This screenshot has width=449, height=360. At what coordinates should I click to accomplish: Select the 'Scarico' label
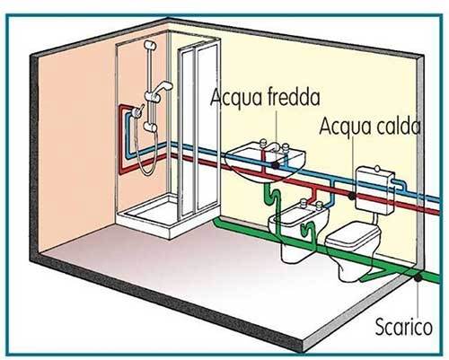coord(404,326)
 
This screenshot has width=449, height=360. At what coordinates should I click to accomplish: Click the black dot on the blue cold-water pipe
coord(276,164)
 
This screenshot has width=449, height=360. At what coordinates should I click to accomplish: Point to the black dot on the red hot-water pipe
coord(352,197)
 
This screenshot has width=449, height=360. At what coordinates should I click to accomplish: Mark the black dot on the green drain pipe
coord(418,277)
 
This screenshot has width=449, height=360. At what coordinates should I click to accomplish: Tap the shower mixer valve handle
coord(137,111)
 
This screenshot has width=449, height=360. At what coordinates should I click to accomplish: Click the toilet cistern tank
coord(374,190)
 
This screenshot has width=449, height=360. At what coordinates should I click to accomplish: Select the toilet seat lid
coord(353,235)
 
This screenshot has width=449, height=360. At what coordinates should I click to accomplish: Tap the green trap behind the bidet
coord(308,232)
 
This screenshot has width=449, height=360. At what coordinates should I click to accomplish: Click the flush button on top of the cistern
coord(378,169)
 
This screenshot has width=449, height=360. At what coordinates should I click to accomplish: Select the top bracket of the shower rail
coord(150,45)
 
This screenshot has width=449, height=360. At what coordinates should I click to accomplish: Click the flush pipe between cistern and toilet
coord(374,218)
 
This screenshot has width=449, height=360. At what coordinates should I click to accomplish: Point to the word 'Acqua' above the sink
coord(230,97)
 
